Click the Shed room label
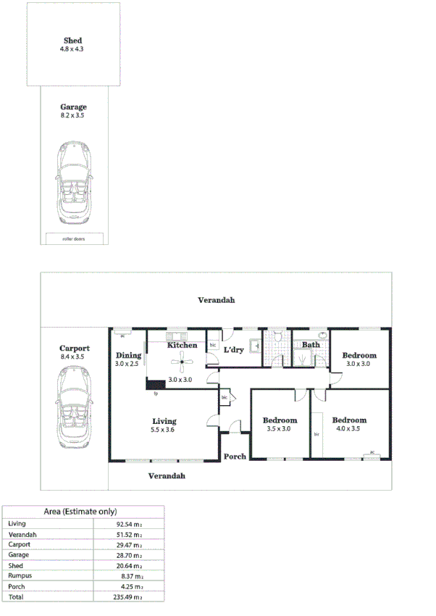[x=72, y=41]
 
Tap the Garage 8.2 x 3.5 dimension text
[x=73, y=115]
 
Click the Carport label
[x=74, y=349]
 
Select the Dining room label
[x=128, y=355]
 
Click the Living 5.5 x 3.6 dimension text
[x=164, y=430]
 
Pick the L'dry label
[x=233, y=350]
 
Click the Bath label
[x=311, y=345]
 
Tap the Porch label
[x=235, y=457]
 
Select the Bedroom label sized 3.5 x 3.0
[x=280, y=421]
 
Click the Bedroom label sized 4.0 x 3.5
[x=349, y=420]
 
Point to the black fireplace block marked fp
[x=155, y=384]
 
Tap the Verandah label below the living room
[x=167, y=476]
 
